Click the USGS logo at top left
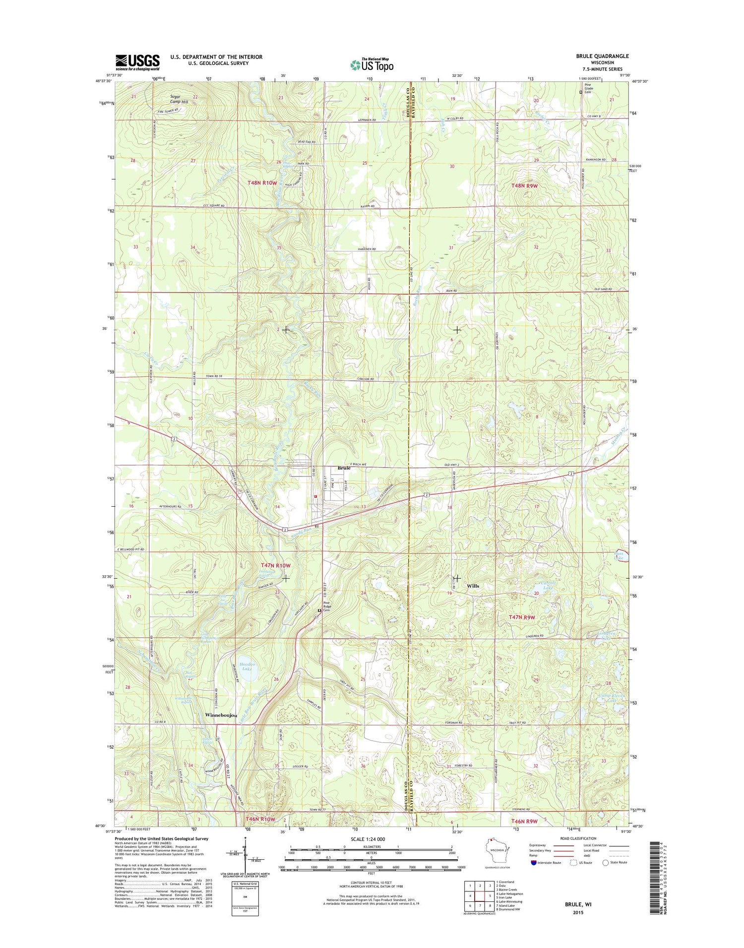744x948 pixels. tap(137, 62)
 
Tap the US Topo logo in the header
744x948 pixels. tap(372, 64)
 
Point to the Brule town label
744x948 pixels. tap(344, 468)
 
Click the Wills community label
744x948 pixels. tap(473, 586)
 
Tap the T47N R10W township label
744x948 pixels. tap(275, 565)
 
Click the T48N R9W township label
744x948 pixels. tap(524, 185)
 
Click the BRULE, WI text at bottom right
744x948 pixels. tap(578, 904)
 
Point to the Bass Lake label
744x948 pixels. tap(620, 556)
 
